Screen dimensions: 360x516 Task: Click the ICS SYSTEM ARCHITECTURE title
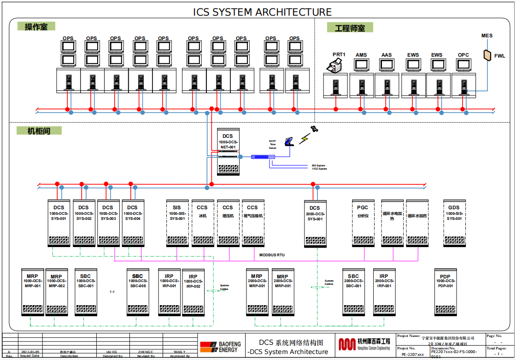[262, 12]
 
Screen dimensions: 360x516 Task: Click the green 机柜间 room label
[39, 131]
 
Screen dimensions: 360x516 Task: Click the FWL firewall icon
[487, 55]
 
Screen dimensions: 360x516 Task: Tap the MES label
[487, 36]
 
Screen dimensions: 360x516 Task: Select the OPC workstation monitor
[463, 65]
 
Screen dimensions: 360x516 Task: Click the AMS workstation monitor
[361, 65]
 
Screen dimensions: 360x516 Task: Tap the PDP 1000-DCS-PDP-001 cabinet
[445, 292]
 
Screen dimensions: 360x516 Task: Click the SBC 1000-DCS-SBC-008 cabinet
[138, 292]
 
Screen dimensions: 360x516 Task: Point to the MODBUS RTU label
[272, 255]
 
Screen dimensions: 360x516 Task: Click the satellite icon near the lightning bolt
[314, 129]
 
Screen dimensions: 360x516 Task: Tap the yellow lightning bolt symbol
[304, 138]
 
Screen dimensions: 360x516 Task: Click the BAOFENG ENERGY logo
[221, 347]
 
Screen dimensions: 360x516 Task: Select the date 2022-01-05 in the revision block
[30, 352]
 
